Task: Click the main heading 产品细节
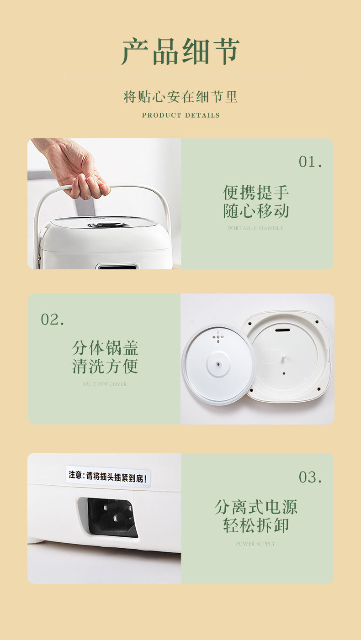tap(180, 52)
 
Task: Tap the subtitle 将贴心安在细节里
tap(180, 97)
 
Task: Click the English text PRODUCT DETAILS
tap(180, 115)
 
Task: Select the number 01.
tap(310, 162)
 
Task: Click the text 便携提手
tap(256, 192)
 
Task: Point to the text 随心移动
tap(256, 211)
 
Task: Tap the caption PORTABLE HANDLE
tap(255, 228)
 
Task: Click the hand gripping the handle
tap(78, 171)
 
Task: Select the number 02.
tap(53, 320)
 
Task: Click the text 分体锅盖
tap(105, 348)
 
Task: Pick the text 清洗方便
tap(105, 367)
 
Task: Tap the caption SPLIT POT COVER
tap(105, 384)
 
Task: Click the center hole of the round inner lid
tap(219, 364)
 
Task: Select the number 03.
tap(310, 477)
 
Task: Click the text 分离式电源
tap(256, 507)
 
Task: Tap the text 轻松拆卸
tap(256, 525)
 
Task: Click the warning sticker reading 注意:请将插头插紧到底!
tap(108, 476)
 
